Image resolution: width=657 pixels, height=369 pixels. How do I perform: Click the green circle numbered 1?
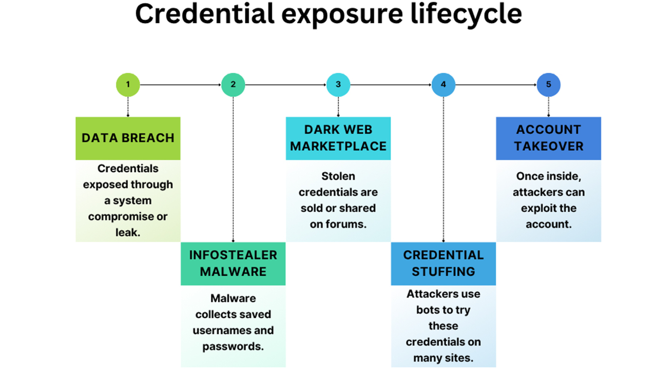pyautogui.click(x=128, y=85)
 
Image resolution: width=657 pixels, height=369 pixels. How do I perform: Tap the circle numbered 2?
pyautogui.click(x=233, y=85)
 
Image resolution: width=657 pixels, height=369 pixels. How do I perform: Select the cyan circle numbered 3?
pyautogui.click(x=338, y=85)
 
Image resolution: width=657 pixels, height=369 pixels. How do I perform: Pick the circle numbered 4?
pyautogui.click(x=443, y=85)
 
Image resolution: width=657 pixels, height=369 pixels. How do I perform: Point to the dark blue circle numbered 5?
pyautogui.click(x=549, y=85)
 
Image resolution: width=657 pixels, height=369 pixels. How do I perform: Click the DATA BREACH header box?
pyautogui.click(x=128, y=138)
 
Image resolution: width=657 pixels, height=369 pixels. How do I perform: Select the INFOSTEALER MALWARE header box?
pyautogui.click(x=233, y=263)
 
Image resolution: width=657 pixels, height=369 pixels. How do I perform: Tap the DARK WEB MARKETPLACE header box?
pyautogui.click(x=338, y=138)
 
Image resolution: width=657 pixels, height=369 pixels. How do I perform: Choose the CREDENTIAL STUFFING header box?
pyautogui.click(x=443, y=263)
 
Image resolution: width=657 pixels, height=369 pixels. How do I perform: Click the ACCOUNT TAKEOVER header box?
pyautogui.click(x=549, y=138)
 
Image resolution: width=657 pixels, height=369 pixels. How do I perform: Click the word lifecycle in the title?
pyautogui.click(x=466, y=15)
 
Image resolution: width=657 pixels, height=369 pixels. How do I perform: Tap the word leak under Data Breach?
pyautogui.click(x=128, y=233)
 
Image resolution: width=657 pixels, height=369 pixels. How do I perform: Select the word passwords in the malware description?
pyautogui.click(x=233, y=347)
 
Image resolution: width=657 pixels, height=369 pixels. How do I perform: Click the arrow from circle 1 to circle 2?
pyautogui.click(x=180, y=85)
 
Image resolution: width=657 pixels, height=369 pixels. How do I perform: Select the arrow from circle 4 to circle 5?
pyautogui.click(x=496, y=85)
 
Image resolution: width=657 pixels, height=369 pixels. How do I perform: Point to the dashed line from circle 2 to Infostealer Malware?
pyautogui.click(x=233, y=169)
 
